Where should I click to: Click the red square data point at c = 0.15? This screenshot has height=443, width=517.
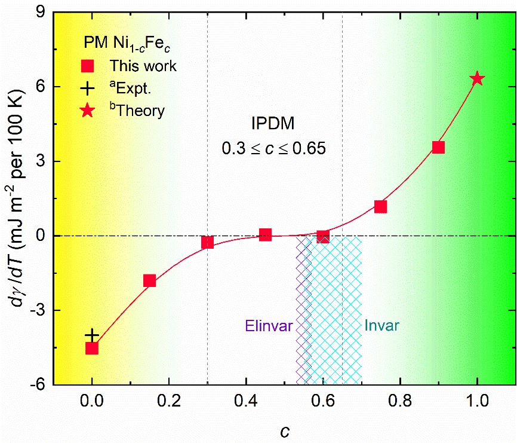pyautogui.click(x=149, y=280)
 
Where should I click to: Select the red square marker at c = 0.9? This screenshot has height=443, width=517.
pyautogui.click(x=438, y=147)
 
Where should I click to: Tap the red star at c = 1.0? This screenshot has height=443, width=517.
pyautogui.click(x=476, y=78)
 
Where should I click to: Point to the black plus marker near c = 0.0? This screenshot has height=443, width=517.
pyautogui.click(x=91, y=335)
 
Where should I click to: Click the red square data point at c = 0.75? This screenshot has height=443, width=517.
pyautogui.click(x=380, y=207)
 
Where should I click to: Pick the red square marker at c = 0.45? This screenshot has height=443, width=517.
pyautogui.click(x=265, y=235)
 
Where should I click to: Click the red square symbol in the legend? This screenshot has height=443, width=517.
pyautogui.click(x=88, y=65)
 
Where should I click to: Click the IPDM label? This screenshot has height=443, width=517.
pyautogui.click(x=273, y=124)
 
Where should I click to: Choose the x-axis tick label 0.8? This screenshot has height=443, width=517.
pyautogui.click(x=399, y=399)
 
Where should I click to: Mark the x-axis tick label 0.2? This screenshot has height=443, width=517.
pyautogui.click(x=168, y=399)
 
